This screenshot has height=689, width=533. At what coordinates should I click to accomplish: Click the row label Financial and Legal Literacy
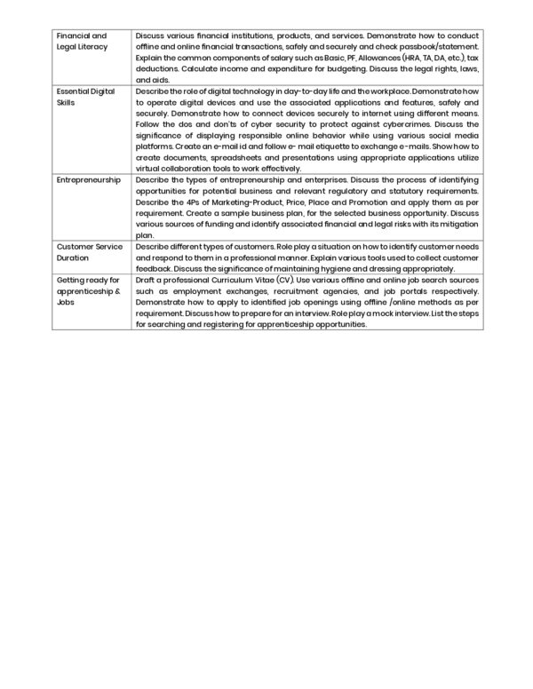tap(82, 40)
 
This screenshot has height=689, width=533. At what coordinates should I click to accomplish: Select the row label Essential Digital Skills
tap(80, 96)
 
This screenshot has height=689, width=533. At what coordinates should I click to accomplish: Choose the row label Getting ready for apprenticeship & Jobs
tap(87, 289)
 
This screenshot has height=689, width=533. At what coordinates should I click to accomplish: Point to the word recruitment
tap(298, 290)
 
